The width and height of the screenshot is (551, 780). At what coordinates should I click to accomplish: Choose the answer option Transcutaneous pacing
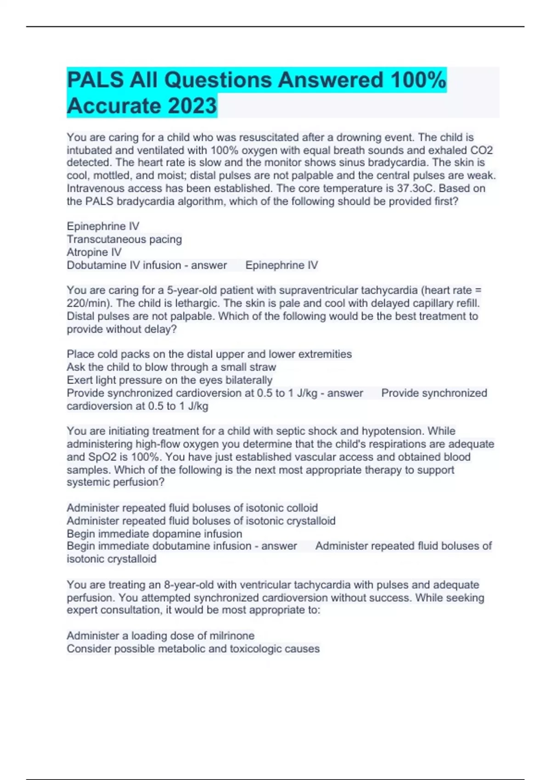tap(124, 240)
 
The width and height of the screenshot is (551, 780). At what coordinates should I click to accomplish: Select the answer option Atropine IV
tap(94, 252)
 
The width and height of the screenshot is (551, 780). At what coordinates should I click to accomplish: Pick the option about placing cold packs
tap(209, 354)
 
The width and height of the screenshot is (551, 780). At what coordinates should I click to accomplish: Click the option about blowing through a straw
tap(171, 367)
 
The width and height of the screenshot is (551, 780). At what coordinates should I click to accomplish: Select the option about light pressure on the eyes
tap(169, 380)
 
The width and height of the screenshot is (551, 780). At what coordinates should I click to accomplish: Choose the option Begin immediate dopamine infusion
tap(154, 534)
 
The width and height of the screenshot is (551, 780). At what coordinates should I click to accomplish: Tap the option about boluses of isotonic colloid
tap(192, 508)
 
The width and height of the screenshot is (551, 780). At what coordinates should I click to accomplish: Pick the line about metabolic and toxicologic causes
tap(193, 649)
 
